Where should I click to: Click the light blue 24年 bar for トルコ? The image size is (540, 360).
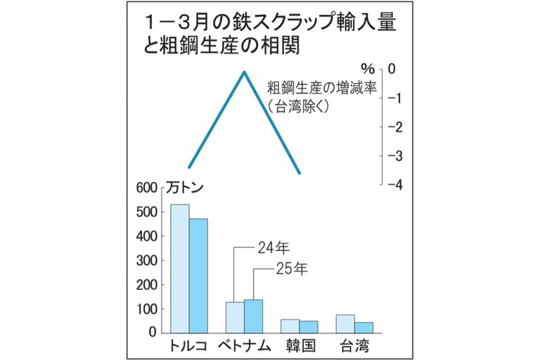180,269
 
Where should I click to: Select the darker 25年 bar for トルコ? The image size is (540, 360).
199,276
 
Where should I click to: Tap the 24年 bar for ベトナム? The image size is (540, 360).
235,317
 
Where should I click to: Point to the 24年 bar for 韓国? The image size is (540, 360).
290,326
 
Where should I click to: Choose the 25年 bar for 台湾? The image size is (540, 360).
364,328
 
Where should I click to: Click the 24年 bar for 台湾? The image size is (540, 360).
345,323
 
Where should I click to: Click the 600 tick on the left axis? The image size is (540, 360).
144,188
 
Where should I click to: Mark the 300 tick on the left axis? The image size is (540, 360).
144,260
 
